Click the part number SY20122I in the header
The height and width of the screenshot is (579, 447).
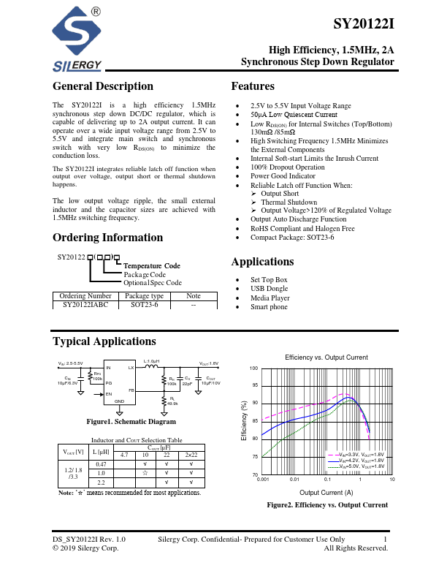click(x=364, y=23)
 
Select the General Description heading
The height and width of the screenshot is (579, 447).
click(x=103, y=86)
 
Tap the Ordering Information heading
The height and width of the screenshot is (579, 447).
click(x=107, y=238)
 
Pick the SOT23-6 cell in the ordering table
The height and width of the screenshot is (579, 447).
click(x=145, y=304)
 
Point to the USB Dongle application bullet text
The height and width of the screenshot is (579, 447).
click(x=271, y=289)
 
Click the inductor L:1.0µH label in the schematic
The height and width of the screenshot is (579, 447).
click(x=152, y=362)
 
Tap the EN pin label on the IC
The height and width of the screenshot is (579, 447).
click(x=109, y=394)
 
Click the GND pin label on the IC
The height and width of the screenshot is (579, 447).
click(x=120, y=401)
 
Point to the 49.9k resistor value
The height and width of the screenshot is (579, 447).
click(x=173, y=403)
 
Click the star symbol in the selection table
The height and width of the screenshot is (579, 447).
click(x=145, y=474)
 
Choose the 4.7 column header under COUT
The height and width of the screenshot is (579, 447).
click(x=123, y=455)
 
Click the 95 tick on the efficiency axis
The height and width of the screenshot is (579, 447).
click(x=254, y=385)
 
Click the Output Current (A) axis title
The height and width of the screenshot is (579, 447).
click(x=326, y=493)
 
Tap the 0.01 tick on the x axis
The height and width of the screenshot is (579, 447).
click(x=294, y=480)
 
